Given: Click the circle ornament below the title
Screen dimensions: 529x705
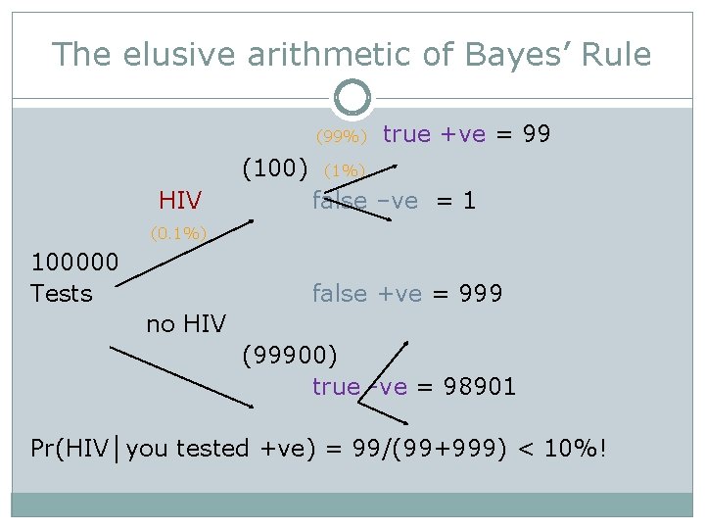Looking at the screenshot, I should (x=352, y=98).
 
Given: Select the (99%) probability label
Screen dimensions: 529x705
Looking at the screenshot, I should (x=340, y=136).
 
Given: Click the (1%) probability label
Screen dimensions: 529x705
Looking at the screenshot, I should (x=344, y=170).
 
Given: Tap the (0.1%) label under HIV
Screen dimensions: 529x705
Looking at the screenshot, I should (x=179, y=233).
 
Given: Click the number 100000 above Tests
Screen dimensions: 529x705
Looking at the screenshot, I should (x=75, y=263).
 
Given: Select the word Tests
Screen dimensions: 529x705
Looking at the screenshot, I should (x=62, y=293).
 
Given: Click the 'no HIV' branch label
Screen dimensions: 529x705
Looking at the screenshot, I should (x=186, y=323).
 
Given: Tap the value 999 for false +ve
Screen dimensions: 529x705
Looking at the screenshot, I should (x=480, y=293).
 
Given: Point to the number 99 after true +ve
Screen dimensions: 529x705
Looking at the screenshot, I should (x=537, y=134).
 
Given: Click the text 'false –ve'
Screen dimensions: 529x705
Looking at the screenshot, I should (x=365, y=201).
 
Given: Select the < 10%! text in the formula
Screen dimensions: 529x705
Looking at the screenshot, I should (x=561, y=449).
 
